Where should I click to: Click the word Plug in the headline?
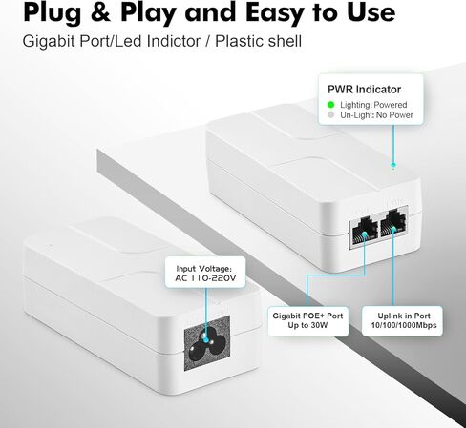click(x=49, y=13)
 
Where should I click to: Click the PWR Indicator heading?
click(x=364, y=89)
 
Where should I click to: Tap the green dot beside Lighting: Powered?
click(x=330, y=105)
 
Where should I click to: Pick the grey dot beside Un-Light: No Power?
click(x=330, y=115)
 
